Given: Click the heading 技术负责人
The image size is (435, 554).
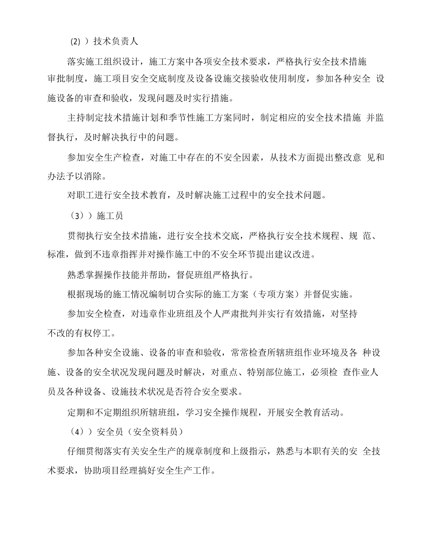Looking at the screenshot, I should pyautogui.click(x=115, y=41).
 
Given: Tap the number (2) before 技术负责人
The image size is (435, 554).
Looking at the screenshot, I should pyautogui.click(x=75, y=41).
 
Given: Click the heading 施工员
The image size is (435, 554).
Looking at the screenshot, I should pyautogui.click(x=110, y=216).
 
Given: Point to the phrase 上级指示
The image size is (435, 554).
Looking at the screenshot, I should pyautogui.click(x=252, y=451).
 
